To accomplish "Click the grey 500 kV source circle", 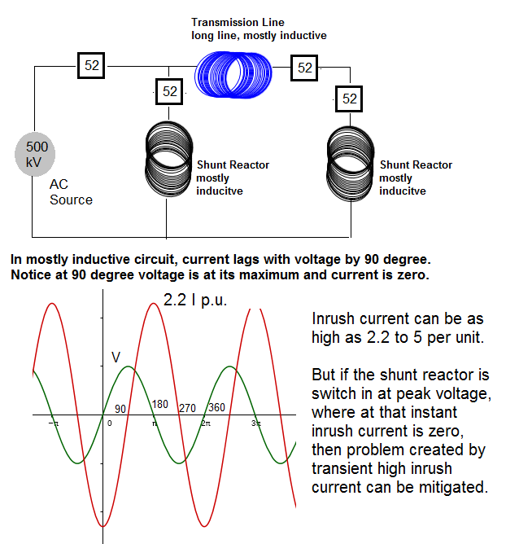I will click(x=37, y=155).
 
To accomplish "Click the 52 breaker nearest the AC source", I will click(x=92, y=66).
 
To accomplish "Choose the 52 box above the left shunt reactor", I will click(x=169, y=92).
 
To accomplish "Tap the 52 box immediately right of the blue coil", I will click(x=305, y=68).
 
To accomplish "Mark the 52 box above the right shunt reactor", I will click(x=350, y=99).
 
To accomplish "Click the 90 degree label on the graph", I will click(x=120, y=408).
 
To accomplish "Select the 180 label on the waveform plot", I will click(x=161, y=405).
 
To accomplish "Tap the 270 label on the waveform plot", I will click(x=188, y=408).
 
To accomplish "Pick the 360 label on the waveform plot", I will click(x=216, y=408).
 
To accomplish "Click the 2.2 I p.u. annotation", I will click(x=195, y=300).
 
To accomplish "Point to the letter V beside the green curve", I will click(x=116, y=357).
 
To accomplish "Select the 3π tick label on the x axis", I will click(x=256, y=423).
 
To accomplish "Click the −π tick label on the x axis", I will click(x=53, y=423).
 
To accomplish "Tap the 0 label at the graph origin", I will click(x=109, y=423).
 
